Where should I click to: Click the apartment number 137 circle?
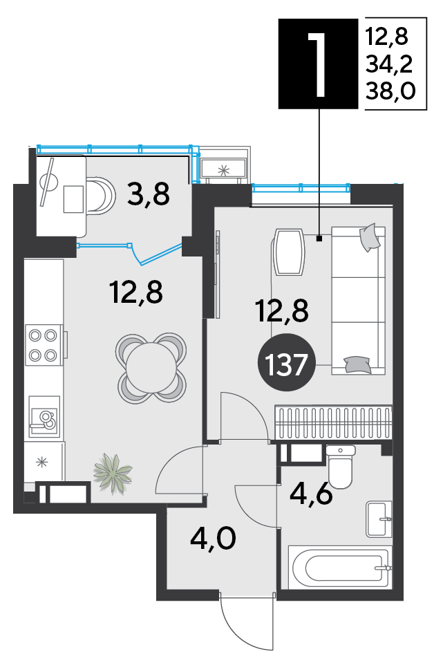287,364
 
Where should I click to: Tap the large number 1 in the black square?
318,65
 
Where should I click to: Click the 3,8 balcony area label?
149,194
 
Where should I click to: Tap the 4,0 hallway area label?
213,539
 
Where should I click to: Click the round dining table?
151,367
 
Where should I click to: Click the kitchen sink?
44,416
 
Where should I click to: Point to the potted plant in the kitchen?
112,473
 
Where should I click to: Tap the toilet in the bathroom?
341,467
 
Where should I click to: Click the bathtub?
341,568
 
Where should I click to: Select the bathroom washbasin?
379,519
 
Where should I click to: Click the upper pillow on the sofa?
370,236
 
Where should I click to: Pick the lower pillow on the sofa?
357,364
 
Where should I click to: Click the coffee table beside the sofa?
289,252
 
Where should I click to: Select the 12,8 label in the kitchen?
135,292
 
